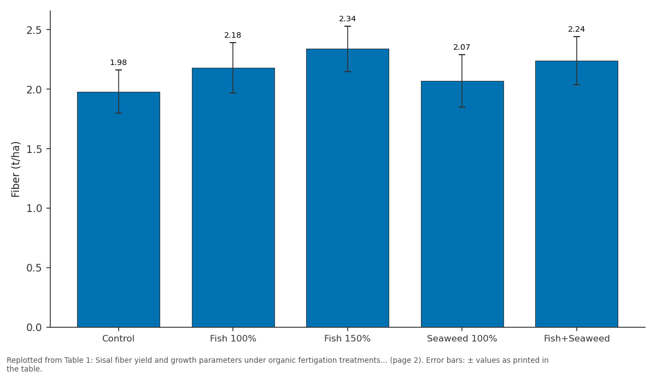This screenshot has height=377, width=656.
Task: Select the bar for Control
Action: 119,210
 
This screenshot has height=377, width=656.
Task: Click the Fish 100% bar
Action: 233,198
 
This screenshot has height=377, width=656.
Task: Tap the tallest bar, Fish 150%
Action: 348,188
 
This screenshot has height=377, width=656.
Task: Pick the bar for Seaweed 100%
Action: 462,204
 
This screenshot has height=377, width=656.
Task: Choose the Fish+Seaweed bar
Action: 577,194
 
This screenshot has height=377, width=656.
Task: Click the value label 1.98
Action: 118,62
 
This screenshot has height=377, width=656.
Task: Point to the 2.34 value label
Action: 347,19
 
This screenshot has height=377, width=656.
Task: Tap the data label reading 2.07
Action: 462,47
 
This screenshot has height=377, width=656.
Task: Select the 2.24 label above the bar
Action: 576,30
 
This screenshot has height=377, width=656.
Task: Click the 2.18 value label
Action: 233,35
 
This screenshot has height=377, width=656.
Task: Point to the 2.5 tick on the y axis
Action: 34,30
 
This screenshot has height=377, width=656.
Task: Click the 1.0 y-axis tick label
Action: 34,208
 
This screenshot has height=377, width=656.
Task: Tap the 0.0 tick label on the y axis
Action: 34,327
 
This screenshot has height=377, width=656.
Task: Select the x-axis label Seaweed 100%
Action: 462,339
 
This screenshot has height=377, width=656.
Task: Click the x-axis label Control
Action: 118,339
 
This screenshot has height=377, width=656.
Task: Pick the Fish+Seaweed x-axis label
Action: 577,339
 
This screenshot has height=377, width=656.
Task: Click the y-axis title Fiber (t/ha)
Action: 15,169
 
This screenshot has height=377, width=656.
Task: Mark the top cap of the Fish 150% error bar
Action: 348,26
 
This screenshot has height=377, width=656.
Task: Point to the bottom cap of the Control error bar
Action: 119,113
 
